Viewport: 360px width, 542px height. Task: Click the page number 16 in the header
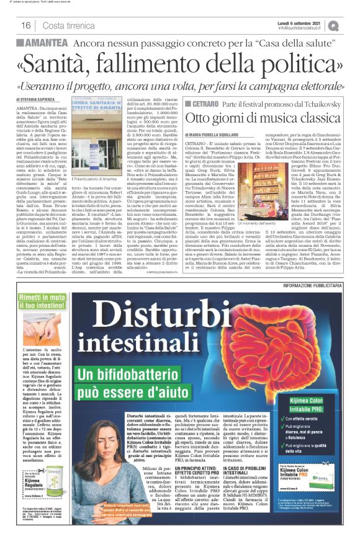pyautogui.click(x=26, y=25)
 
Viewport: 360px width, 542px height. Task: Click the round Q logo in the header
pyautogui.click(x=351, y=25)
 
